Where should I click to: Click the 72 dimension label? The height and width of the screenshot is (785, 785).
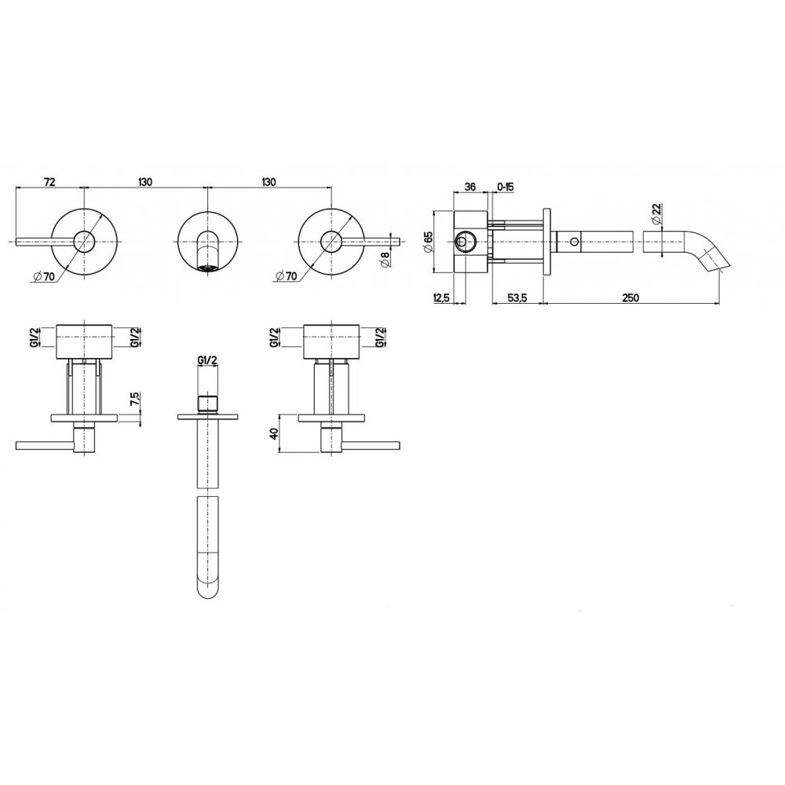[x=49, y=182]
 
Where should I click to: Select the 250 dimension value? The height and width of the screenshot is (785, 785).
[x=630, y=298]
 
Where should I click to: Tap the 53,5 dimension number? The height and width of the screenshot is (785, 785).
[x=517, y=298]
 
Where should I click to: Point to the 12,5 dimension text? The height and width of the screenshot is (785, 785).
[x=441, y=298]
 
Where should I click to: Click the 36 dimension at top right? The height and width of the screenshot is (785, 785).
[x=470, y=187]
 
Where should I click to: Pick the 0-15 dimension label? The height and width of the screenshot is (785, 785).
[x=505, y=187]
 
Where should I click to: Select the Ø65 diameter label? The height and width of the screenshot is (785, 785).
[x=428, y=243]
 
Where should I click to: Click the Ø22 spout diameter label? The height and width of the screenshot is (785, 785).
[x=657, y=214]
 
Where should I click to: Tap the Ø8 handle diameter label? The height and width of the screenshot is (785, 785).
[x=385, y=261]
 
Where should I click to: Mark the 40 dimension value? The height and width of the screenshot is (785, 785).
[x=274, y=433]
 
